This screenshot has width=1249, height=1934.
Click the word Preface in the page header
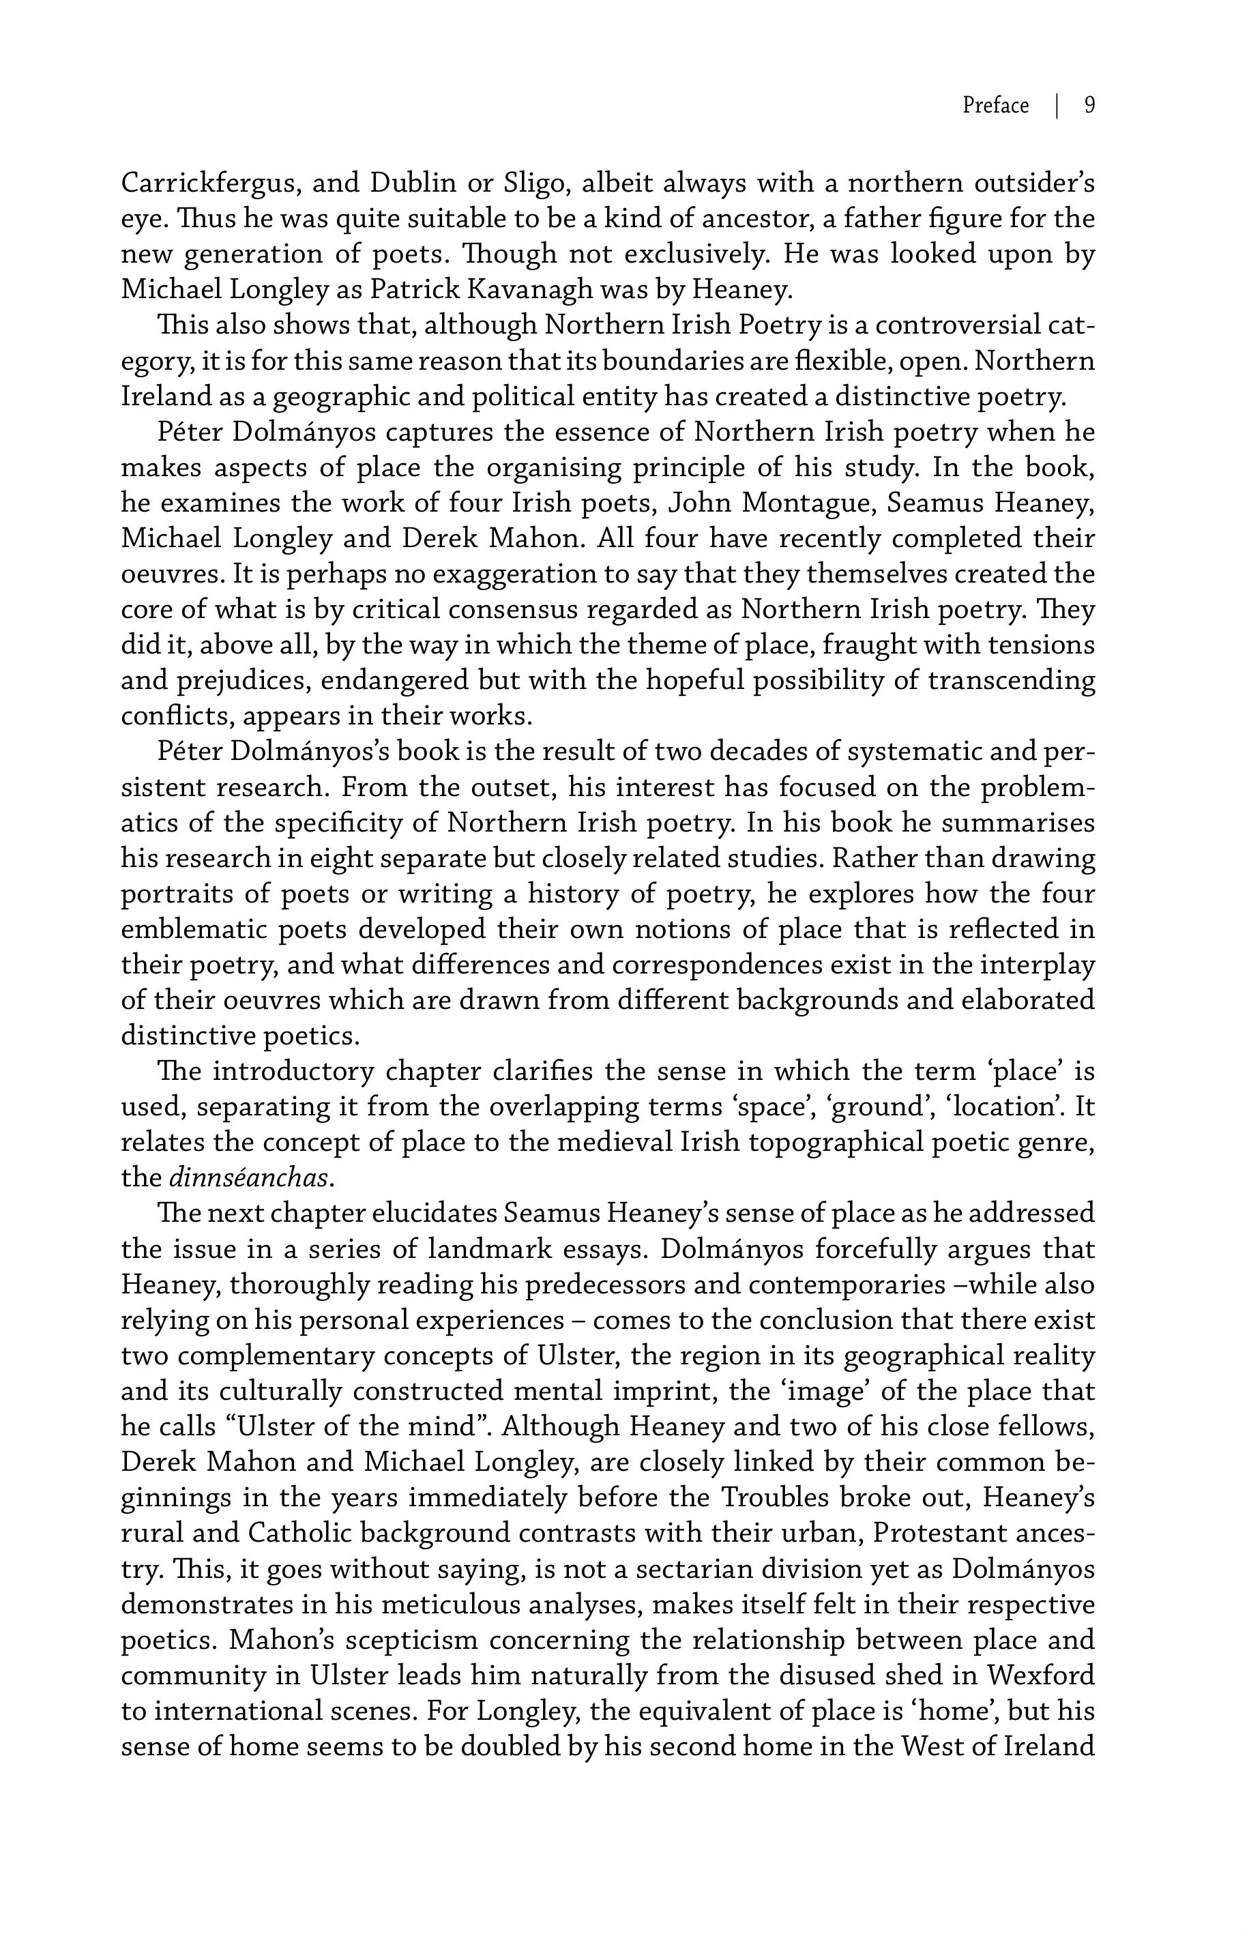[995, 106]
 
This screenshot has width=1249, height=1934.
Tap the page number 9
[1089, 106]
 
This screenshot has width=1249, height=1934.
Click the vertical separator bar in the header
[1057, 106]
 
